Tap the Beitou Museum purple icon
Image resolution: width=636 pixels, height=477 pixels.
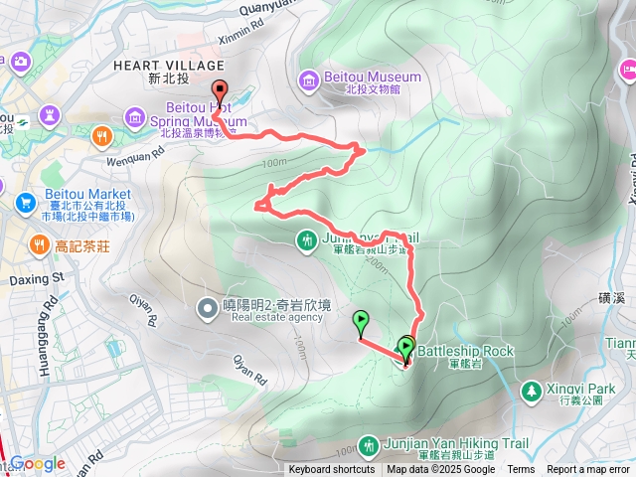pos(309,78)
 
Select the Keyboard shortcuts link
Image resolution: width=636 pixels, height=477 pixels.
pos(331,470)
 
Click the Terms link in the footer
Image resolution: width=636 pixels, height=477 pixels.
pos(521,470)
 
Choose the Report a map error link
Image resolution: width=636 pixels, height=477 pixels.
pos(589,470)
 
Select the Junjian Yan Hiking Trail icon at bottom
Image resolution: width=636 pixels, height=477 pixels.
pos(371,444)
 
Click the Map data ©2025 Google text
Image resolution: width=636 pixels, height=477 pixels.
pos(440,470)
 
